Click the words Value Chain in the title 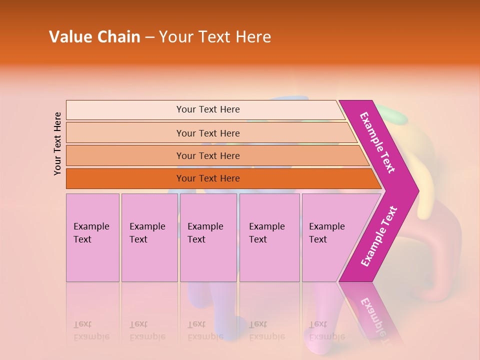point(94,37)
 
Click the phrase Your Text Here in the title point(215,37)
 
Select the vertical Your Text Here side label point(57,143)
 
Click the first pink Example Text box point(92,237)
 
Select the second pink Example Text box point(149,237)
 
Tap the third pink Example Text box point(208,237)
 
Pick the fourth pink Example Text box point(269,237)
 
